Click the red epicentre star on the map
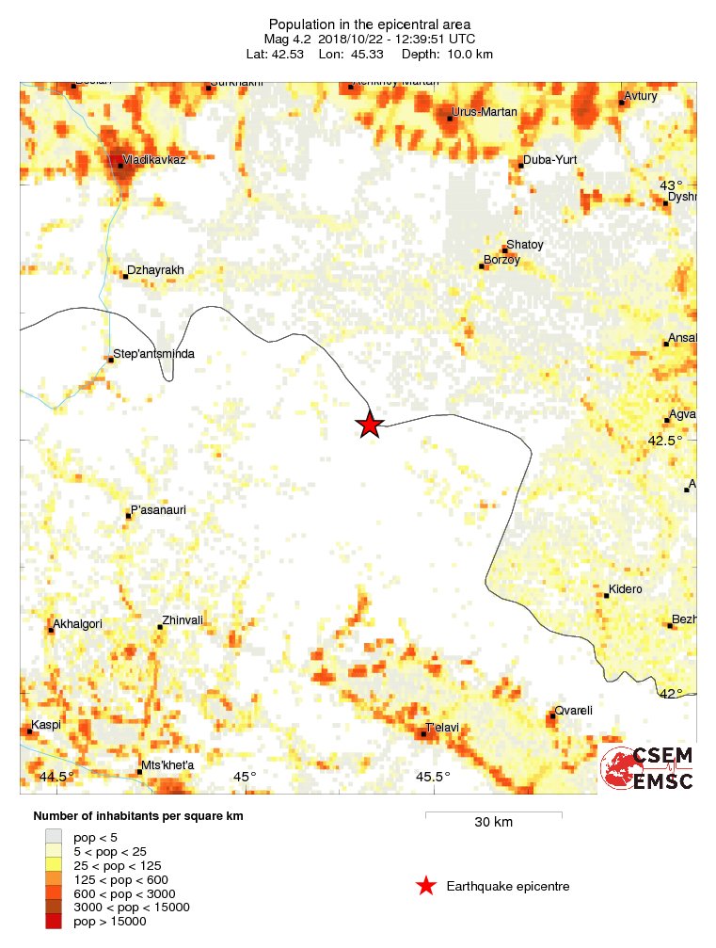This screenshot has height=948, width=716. click(x=370, y=425)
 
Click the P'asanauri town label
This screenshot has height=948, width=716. click(x=158, y=510)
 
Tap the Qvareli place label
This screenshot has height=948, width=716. click(x=573, y=711)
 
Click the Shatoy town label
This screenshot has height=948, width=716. click(x=525, y=245)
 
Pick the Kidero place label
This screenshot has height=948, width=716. click(x=626, y=589)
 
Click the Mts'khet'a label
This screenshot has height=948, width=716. click(x=167, y=765)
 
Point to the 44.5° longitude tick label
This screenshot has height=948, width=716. click(x=57, y=777)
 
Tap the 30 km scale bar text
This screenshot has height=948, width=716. click(x=493, y=822)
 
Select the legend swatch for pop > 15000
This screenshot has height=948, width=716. click(x=54, y=922)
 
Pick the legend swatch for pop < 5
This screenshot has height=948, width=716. click(x=54, y=836)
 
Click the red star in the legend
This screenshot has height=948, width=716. click(x=426, y=886)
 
